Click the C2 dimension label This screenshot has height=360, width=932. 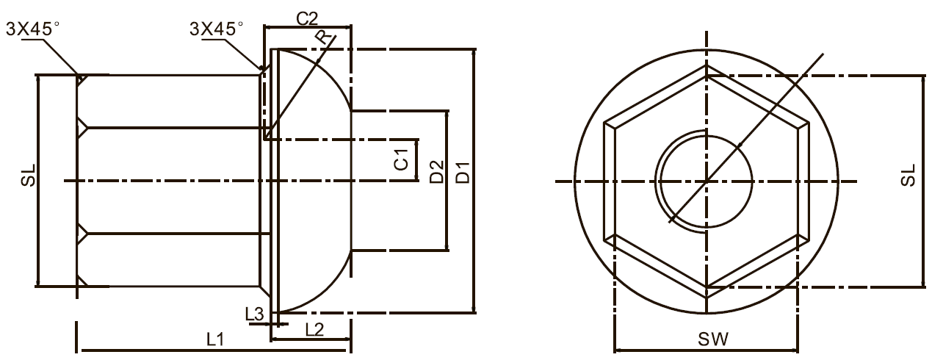pos(307,18)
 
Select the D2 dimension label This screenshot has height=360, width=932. pos(437,171)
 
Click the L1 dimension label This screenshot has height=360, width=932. pos(215,339)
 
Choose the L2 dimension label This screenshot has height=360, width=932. pos(314,330)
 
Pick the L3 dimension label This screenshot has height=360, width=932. pos(254,314)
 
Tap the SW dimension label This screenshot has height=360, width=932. pos(713,339)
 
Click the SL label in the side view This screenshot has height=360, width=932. pos(29,175)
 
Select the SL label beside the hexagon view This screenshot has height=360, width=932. pos(908,175)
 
